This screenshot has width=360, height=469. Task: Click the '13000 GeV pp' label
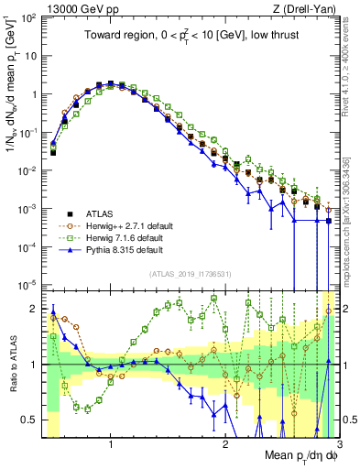pos(71,8)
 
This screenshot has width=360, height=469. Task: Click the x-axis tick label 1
pos(111,443)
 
